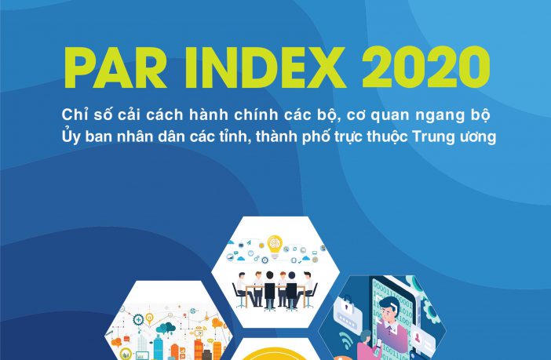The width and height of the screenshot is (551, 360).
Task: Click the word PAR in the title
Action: (115, 67)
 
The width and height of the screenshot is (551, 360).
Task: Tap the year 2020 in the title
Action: (426, 67)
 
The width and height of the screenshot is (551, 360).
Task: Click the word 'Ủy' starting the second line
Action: (71, 136)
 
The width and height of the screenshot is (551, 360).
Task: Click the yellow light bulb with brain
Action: (275, 245)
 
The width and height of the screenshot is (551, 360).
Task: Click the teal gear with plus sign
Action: (138, 320)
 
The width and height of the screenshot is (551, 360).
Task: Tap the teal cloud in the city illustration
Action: (166, 328)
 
